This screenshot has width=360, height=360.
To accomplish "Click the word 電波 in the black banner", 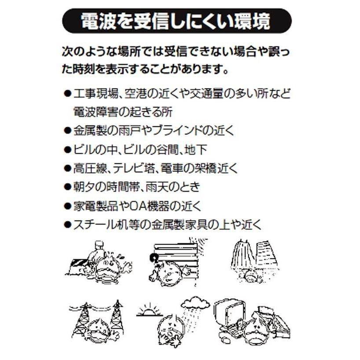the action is [x=96, y=22].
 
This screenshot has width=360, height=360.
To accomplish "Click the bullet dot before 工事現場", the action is [x=67, y=94].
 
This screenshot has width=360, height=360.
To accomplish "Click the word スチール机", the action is [x=100, y=225].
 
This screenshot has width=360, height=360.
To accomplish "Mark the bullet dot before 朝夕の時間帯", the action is [x=67, y=187].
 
